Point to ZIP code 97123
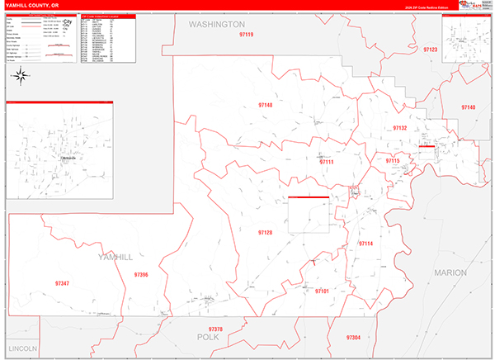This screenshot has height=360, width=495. [431, 50]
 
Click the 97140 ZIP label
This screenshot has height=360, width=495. [469, 108]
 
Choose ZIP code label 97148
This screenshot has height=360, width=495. [266, 106]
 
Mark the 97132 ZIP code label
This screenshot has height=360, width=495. [400, 128]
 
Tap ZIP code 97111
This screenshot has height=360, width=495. [327, 162]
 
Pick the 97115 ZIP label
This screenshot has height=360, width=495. [393, 161]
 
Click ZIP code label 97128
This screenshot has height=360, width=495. [265, 233]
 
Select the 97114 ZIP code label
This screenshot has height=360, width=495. [365, 244]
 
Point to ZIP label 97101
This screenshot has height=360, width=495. [322, 291]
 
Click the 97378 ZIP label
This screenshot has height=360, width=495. [215, 329]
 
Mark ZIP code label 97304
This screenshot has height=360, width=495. [354, 338]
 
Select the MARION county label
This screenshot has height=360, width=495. [450, 272]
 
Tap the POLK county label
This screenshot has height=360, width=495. [207, 338]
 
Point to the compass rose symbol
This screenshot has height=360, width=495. [21, 76]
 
